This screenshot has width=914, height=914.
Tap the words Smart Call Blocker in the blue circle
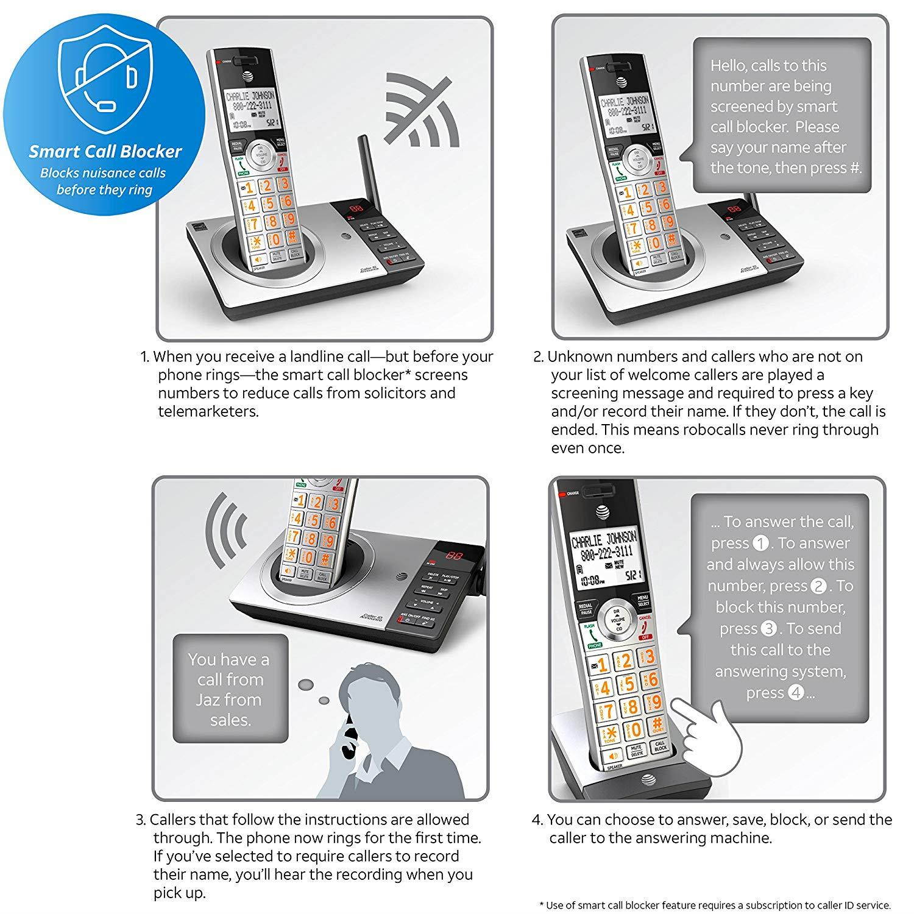105,151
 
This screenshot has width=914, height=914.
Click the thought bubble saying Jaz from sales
230,689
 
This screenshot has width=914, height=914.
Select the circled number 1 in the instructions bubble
760,543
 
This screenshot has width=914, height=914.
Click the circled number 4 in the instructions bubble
795,693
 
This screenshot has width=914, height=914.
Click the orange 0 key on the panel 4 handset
636,729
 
